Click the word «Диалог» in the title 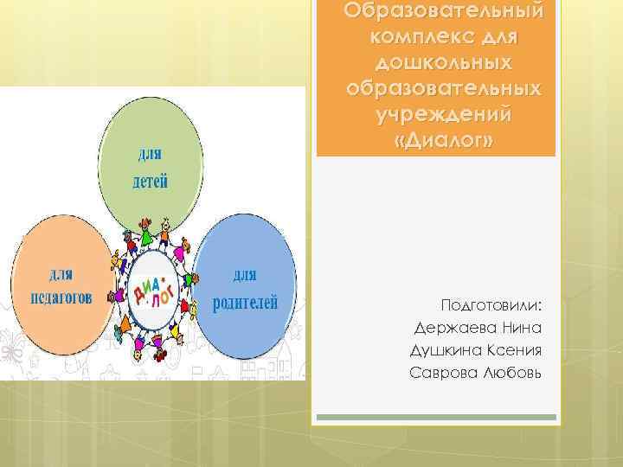coord(436,140)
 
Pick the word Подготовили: coord(492,307)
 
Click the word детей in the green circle coord(150,182)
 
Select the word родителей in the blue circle coord(247,303)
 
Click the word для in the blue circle coord(246,277)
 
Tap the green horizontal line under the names coord(436,418)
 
